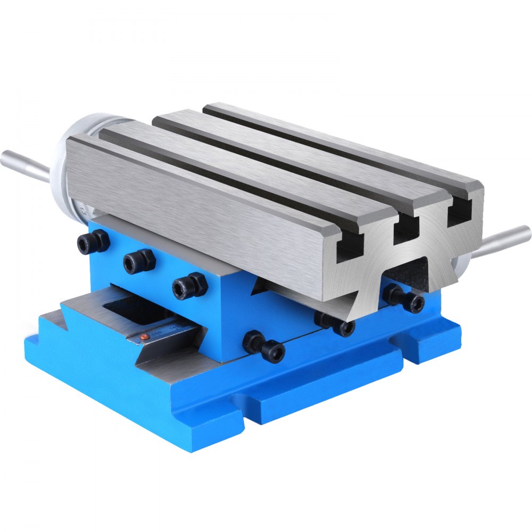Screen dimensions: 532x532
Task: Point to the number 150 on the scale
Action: tap(157, 333)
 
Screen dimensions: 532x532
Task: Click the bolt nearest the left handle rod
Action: tap(93, 243)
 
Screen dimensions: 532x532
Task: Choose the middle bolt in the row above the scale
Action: tap(139, 261)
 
